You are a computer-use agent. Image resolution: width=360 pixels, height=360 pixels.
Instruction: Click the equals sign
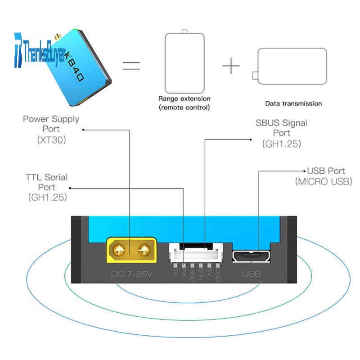point(131,66)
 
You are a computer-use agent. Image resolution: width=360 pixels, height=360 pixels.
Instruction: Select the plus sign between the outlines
point(231,67)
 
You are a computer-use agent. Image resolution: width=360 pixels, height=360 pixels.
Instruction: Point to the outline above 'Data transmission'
point(291,66)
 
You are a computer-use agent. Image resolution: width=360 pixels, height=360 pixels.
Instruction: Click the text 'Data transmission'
point(293,103)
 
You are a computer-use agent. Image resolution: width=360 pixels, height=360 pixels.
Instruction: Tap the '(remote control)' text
point(184,108)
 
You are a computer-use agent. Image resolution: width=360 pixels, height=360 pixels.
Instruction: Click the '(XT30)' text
point(51,140)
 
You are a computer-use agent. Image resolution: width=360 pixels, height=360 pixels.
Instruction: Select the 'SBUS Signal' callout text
point(282,123)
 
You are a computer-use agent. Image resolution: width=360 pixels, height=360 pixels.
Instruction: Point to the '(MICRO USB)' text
point(323,182)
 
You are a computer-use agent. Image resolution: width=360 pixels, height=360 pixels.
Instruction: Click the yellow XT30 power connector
point(131,250)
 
